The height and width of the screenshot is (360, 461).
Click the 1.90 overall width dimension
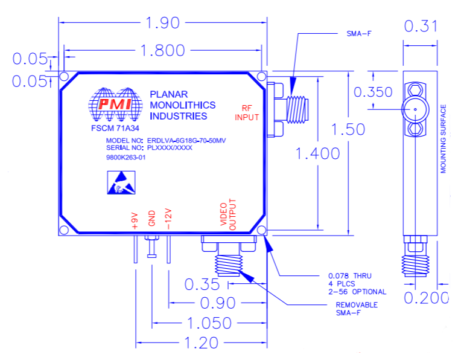click(x=162, y=23)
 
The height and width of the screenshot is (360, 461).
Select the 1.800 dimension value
click(x=162, y=50)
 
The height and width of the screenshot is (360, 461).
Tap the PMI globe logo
click(x=115, y=104)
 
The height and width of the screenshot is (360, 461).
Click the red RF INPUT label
click(x=247, y=113)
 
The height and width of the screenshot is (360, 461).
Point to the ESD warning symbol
click(x=121, y=182)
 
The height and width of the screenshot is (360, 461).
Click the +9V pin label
click(x=135, y=220)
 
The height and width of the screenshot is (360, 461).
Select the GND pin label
click(x=151, y=218)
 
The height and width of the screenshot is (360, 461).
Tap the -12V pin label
click(x=168, y=219)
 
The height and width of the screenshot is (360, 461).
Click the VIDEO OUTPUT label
click(x=228, y=214)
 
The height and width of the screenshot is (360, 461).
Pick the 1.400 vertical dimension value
click(x=318, y=153)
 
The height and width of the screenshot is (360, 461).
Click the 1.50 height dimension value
click(x=348, y=129)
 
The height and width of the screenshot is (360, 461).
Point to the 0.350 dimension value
click(x=373, y=92)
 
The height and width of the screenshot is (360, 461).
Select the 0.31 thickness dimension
click(x=421, y=26)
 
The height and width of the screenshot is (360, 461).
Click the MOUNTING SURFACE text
click(x=443, y=139)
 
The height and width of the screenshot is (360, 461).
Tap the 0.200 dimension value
click(x=427, y=298)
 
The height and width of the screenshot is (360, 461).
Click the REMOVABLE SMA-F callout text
click(x=357, y=309)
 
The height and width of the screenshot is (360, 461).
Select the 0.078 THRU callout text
click(x=350, y=276)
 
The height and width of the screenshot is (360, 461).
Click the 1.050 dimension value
click(x=209, y=323)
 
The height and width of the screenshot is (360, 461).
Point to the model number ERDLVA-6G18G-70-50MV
click(x=186, y=141)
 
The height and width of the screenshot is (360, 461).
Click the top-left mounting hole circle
click(x=64, y=77)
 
